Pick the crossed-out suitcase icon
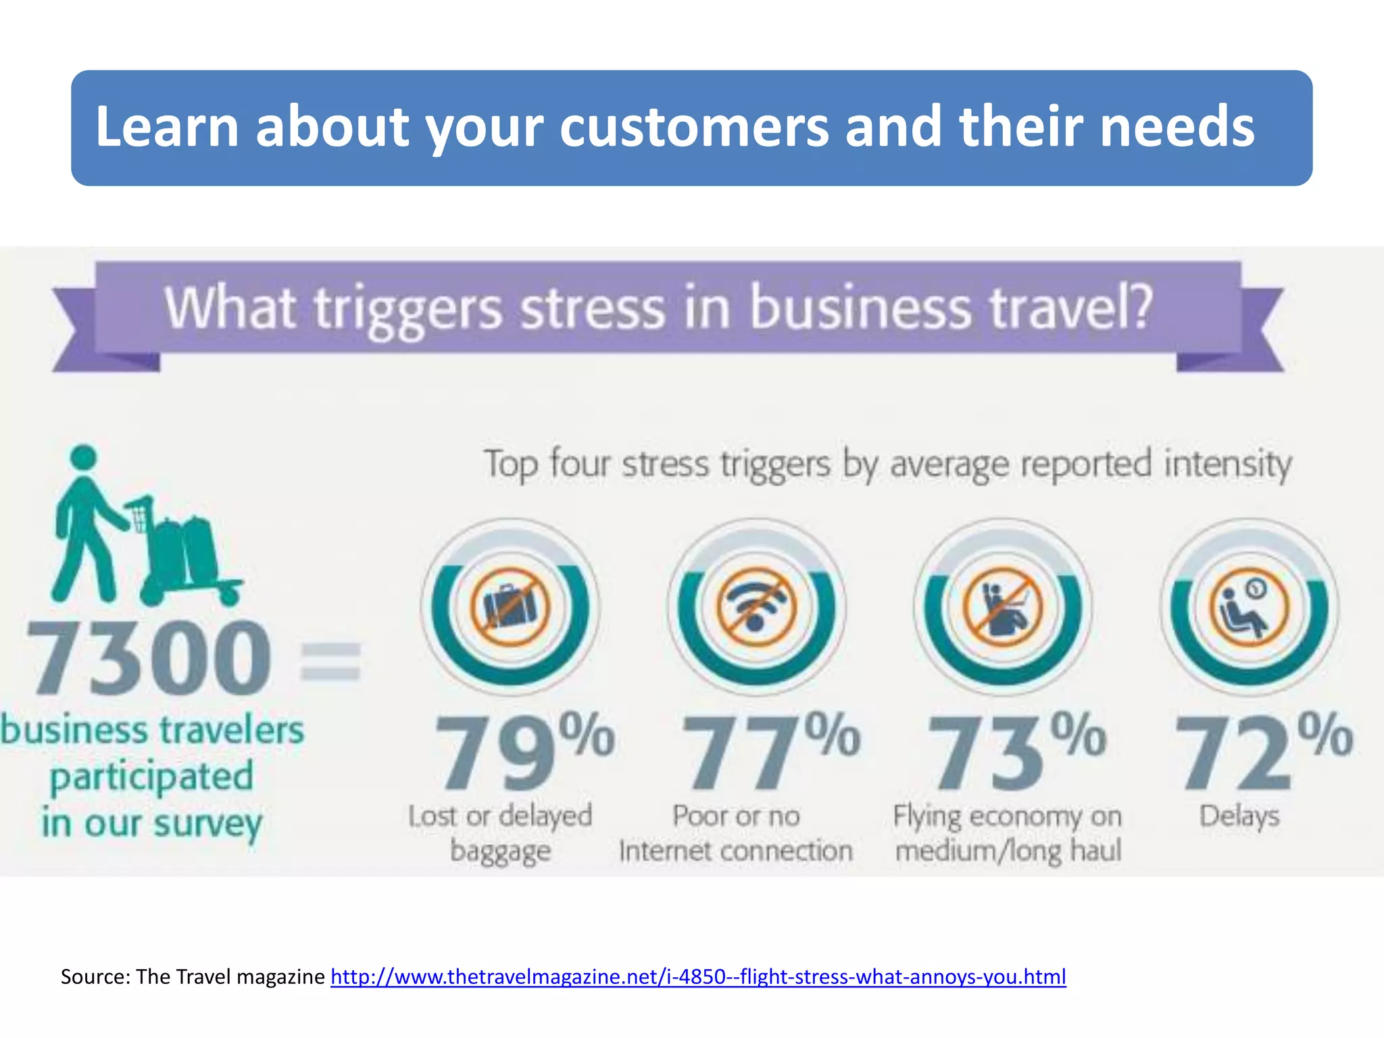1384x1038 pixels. coord(510,606)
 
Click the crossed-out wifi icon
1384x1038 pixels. coord(756,606)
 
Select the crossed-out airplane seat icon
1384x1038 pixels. coord(1003,606)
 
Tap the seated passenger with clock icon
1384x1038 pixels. coord(1249,606)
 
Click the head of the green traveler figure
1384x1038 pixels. coord(83,457)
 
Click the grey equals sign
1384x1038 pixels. coord(330,660)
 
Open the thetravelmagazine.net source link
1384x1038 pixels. coord(698,977)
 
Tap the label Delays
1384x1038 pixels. coord(1239,816)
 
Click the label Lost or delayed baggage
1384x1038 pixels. coord(500,833)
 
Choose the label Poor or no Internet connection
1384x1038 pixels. coord(736,833)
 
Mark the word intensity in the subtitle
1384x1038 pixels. coord(1227,465)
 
